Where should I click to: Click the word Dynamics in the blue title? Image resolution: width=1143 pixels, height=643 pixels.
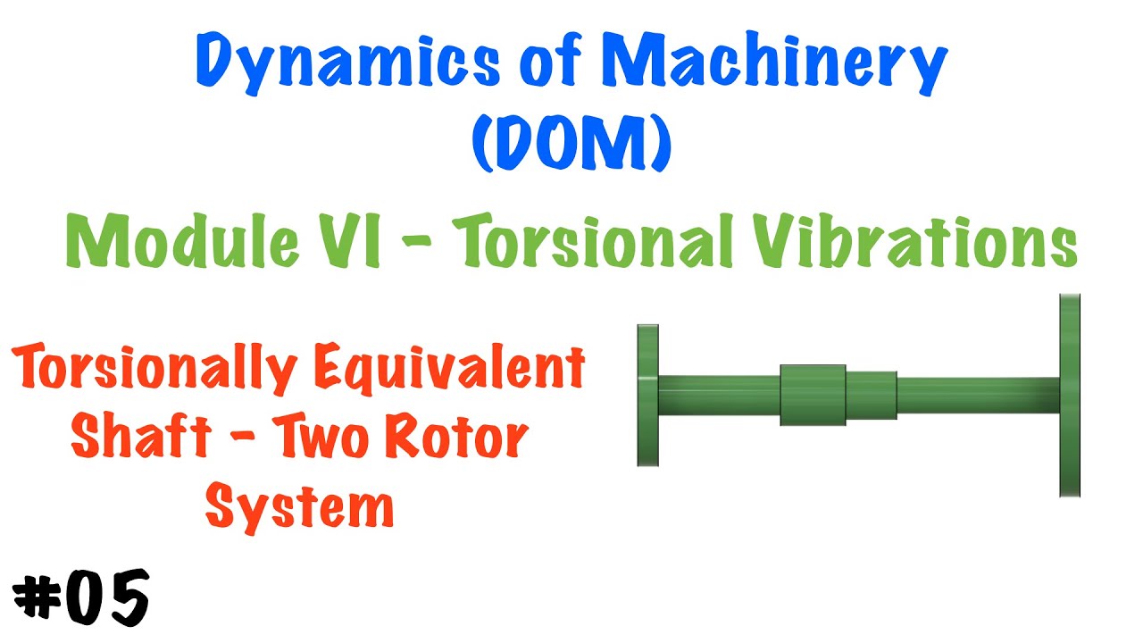coord(348,63)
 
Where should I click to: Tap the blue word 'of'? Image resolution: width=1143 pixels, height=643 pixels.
coord(551,63)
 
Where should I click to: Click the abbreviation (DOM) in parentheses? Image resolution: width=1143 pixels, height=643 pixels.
coord(571,142)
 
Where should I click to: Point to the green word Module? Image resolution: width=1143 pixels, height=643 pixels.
coord(182,241)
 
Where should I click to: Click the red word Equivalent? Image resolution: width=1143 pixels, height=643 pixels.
coord(449,369)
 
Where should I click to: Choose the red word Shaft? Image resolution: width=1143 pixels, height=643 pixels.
coord(141,437)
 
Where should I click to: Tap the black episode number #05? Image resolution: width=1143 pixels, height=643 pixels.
coord(80,598)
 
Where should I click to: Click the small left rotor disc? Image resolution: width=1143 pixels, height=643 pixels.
coord(648,396)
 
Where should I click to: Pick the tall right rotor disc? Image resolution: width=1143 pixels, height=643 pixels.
coord(1070,396)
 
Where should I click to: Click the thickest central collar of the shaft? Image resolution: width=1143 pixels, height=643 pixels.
coord(813,396)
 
